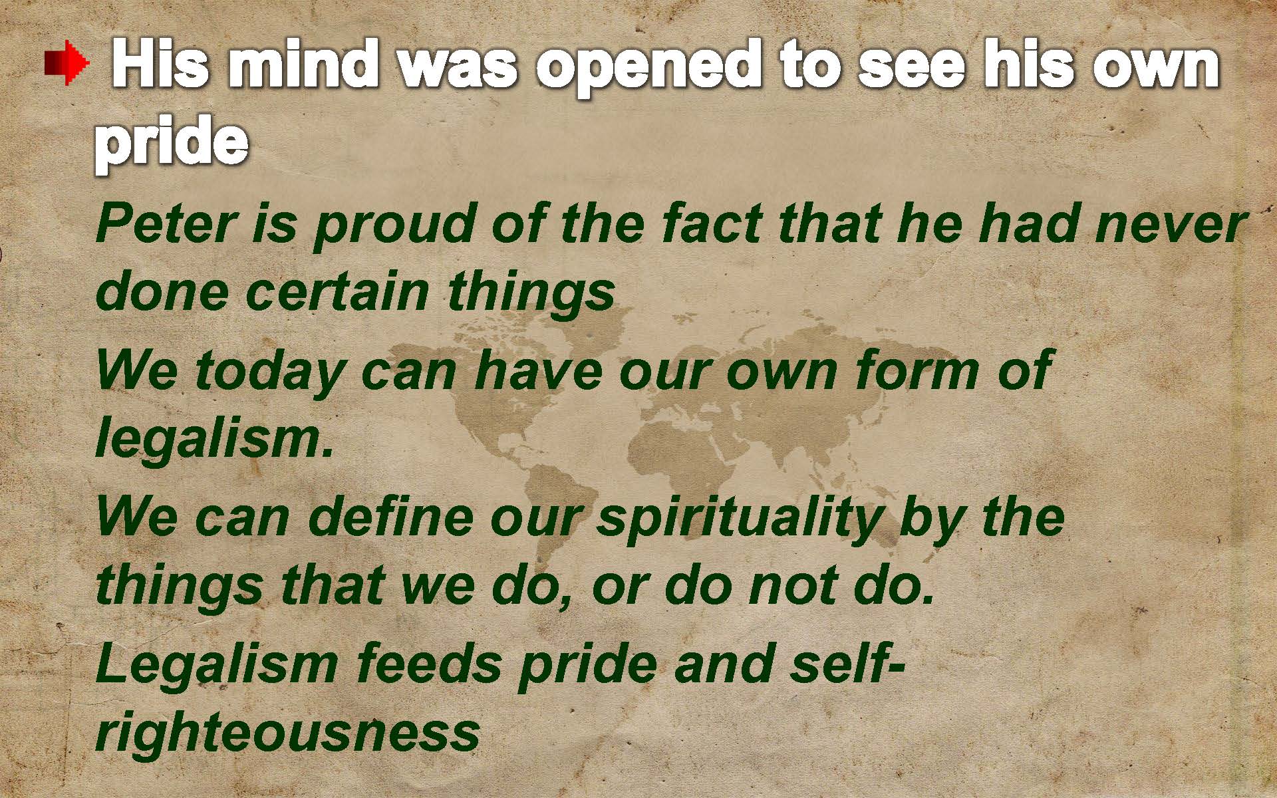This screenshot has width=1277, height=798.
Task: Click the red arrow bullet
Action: point(67,64)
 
